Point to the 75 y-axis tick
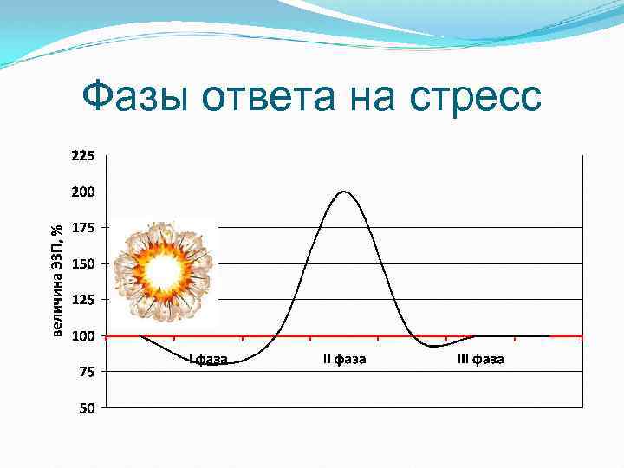click(83, 371)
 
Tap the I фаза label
click(208, 359)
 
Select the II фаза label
click(344, 359)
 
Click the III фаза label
click(480, 359)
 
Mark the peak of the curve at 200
click(345, 192)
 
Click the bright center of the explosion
click(162, 271)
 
